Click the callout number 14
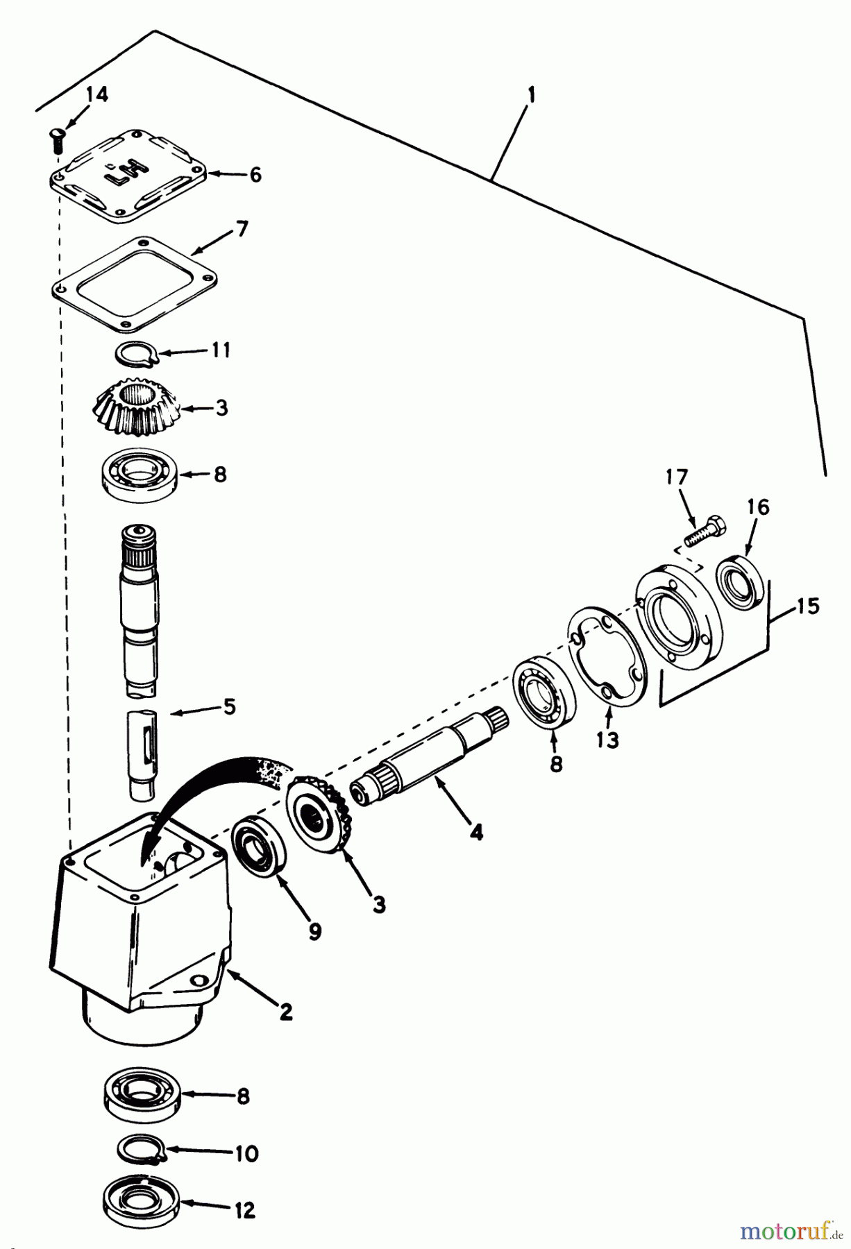[98, 94]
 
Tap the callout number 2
[285, 1011]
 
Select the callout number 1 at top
[530, 95]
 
